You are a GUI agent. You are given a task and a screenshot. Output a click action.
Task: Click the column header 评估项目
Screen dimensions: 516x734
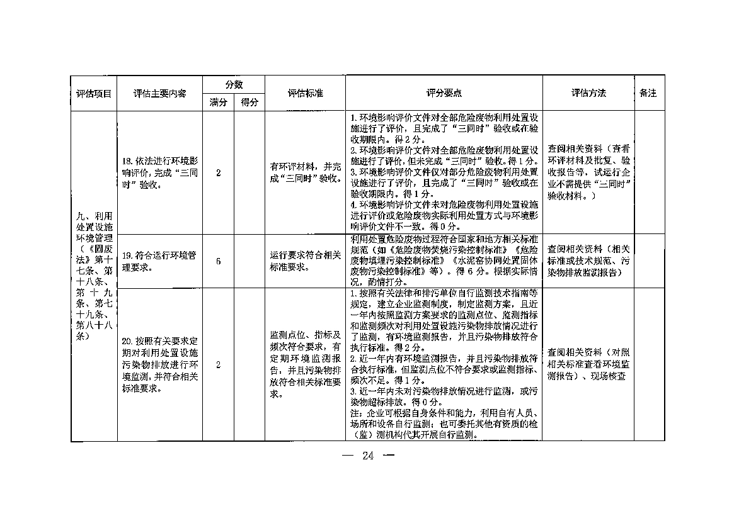coord(94,93)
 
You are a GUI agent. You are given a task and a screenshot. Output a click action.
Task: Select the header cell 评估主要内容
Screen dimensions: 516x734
coord(159,93)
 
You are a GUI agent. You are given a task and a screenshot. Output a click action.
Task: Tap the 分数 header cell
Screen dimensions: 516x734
coord(234,85)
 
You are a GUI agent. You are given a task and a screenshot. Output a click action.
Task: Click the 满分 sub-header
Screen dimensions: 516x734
coord(218,103)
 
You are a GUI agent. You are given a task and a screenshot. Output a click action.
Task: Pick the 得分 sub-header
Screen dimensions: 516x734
coord(249,103)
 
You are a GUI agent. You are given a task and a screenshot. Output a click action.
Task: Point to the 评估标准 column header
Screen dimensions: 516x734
coord(305,93)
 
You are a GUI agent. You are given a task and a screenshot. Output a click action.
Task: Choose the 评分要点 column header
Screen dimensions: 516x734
coord(444,93)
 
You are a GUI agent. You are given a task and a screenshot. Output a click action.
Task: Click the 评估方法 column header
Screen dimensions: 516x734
coord(588,93)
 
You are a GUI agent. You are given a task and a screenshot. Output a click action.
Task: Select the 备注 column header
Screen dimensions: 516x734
coord(648,93)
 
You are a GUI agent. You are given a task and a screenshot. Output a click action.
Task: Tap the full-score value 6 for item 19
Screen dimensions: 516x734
coord(218,261)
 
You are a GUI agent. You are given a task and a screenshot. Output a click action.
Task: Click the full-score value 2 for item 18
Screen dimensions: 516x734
coord(218,173)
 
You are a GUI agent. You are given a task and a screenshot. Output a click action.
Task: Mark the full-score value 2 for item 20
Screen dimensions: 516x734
coord(218,365)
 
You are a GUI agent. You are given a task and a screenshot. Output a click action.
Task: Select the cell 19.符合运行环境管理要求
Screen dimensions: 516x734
coord(159,261)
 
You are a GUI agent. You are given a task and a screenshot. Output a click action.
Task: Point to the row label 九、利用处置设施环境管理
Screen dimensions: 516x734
coord(94,277)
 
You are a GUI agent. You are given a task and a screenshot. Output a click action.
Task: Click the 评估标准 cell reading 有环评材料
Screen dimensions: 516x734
coord(305,173)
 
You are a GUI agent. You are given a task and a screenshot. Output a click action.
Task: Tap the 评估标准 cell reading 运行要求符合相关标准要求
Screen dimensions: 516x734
coord(305,261)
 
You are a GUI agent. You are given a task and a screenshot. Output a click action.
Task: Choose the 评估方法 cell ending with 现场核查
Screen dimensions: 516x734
coord(588,365)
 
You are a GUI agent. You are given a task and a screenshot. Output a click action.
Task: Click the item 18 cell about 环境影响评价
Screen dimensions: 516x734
coord(159,173)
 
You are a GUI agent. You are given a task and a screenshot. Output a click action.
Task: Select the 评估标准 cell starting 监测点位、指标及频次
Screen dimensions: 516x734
coord(305,365)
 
